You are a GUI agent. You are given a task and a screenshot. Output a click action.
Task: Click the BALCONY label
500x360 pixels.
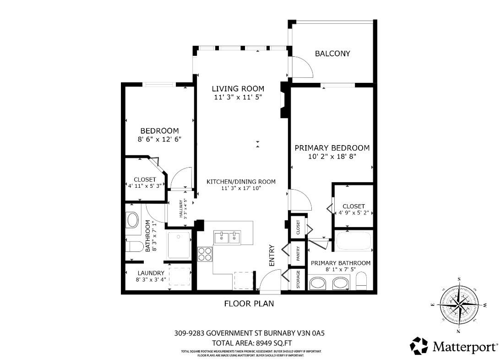332,54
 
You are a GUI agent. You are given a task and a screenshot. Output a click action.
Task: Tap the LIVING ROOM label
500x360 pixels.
238,88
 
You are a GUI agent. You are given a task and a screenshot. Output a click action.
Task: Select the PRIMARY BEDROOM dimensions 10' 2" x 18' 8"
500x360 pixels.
332,157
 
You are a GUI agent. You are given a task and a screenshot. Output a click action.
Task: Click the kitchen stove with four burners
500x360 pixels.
205,254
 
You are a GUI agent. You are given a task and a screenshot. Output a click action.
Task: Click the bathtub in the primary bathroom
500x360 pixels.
353,241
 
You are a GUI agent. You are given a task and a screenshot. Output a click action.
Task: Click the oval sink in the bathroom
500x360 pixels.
133,220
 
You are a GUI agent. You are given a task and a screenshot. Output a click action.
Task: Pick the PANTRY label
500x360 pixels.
298,254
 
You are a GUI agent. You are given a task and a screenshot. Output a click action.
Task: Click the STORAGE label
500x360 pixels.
298,279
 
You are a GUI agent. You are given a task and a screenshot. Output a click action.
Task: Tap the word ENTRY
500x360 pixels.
272,255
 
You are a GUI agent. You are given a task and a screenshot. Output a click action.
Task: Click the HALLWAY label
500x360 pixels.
181,209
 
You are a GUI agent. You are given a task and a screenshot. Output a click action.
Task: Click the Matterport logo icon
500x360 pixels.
418,346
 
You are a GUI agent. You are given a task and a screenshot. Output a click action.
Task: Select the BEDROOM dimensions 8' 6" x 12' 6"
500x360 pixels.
159,139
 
